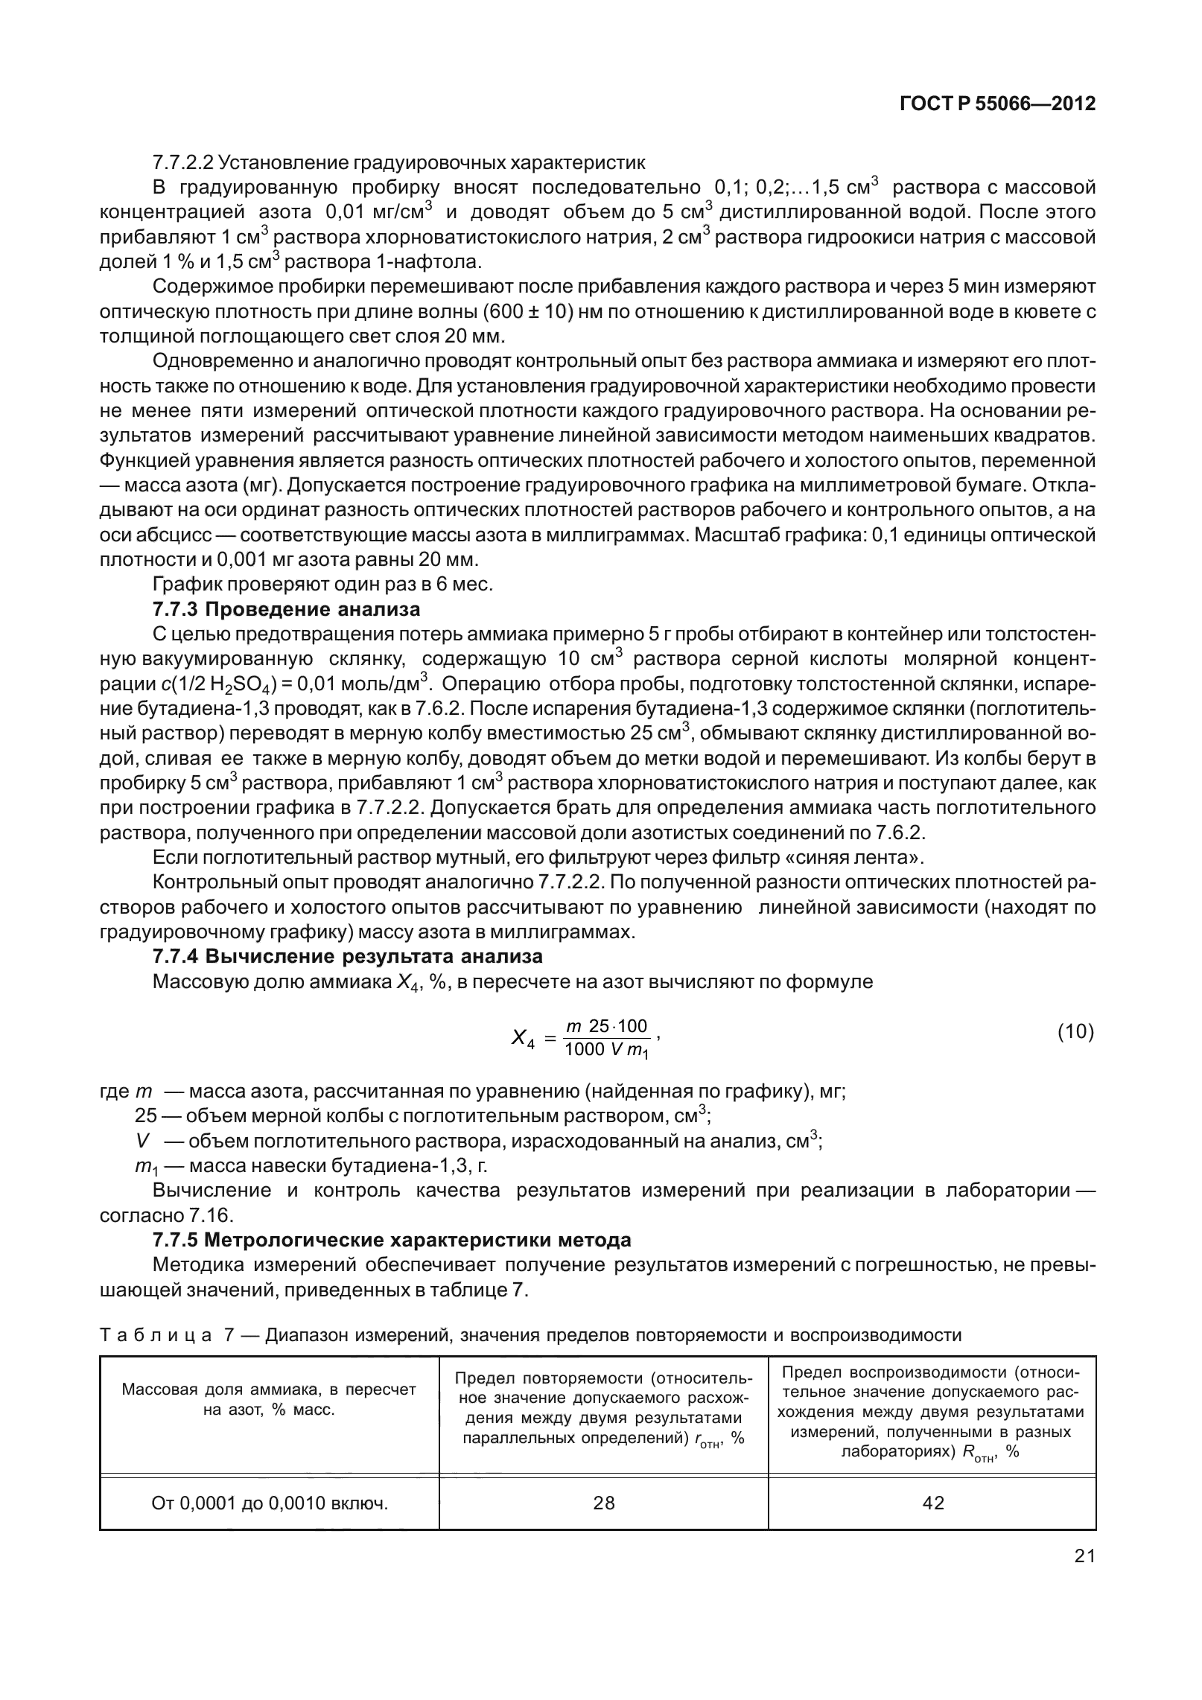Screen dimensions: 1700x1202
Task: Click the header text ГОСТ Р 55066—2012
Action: pos(997,104)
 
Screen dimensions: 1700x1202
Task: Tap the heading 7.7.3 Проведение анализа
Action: pos(286,609)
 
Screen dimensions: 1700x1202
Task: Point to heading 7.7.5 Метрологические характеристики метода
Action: pos(392,1240)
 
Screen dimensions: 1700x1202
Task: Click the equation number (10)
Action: pos(1075,1031)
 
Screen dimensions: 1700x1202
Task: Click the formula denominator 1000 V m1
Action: pos(607,1050)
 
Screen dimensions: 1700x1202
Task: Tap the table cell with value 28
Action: pos(604,1503)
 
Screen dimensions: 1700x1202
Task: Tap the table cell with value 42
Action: pos(932,1503)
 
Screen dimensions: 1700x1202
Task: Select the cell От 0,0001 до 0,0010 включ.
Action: pos(270,1503)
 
